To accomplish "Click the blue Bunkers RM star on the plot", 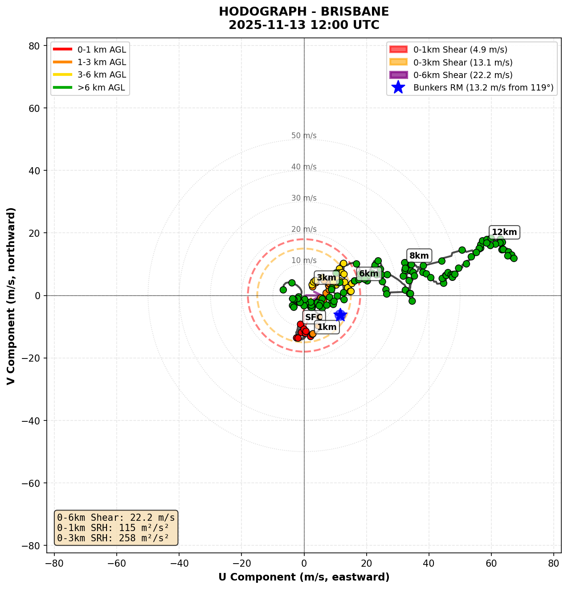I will point(340,315).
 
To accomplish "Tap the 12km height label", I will point(504,232).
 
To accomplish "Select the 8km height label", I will point(419,255).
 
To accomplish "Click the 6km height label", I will point(368,273).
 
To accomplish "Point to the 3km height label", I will point(326,278).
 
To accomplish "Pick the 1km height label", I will point(327,327).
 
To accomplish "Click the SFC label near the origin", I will point(314,317).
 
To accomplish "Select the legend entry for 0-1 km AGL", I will point(102,50).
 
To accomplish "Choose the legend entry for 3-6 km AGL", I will point(102,75).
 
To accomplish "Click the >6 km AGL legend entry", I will point(102,88).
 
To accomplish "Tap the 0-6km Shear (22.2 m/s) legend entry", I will point(463,75).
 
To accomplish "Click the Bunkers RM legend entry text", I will point(483,88).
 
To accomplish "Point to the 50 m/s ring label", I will point(304,136).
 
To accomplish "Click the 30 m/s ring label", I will point(304,198).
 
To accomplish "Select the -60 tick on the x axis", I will point(117,563).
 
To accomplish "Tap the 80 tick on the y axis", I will point(35,46).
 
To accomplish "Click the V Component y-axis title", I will point(11,295).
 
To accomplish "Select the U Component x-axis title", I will point(304,577).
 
